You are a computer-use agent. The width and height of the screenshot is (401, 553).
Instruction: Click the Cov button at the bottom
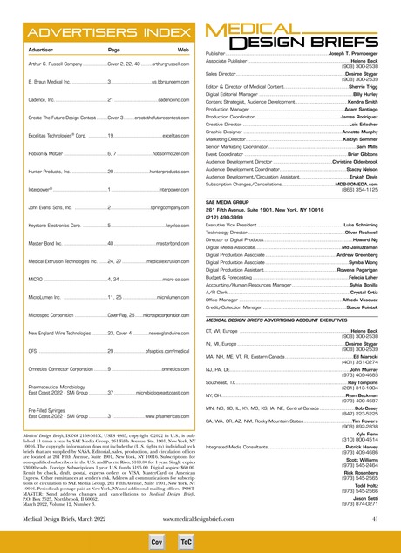159,540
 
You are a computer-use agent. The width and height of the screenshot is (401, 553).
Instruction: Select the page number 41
372,519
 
